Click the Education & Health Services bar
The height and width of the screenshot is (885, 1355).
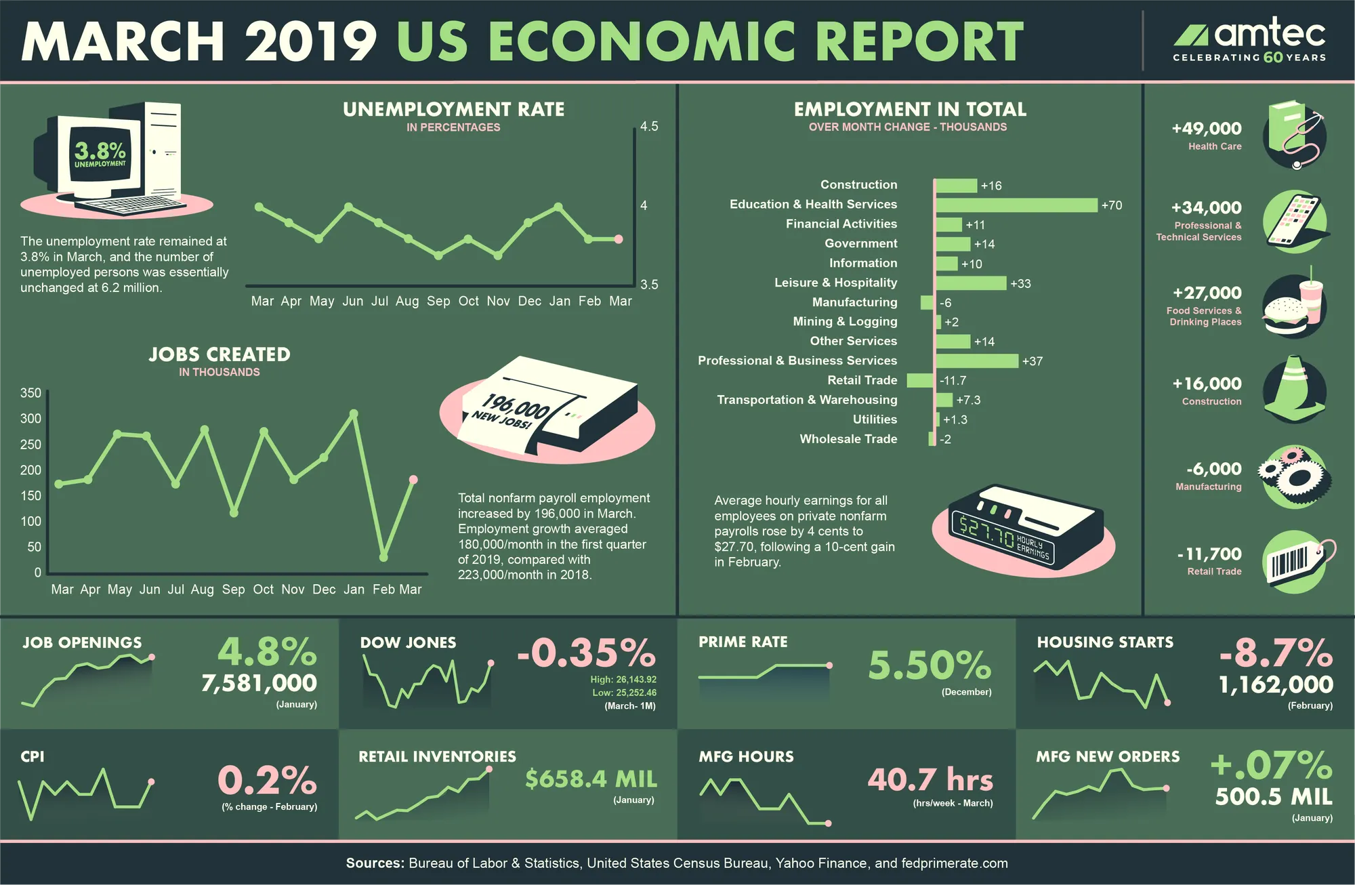pyautogui.click(x=1016, y=205)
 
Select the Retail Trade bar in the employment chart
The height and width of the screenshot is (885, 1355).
pyautogui.click(x=921, y=380)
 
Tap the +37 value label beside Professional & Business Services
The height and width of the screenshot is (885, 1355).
pyautogui.click(x=1033, y=361)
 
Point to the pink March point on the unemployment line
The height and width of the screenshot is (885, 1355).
pyautogui.click(x=618, y=239)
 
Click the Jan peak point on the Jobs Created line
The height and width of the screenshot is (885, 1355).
pyautogui.click(x=353, y=413)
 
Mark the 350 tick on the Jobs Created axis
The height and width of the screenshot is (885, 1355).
pyautogui.click(x=30, y=393)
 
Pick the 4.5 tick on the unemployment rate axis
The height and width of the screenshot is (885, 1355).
pyautogui.click(x=649, y=127)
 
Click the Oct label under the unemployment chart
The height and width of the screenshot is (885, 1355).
pyautogui.click(x=468, y=301)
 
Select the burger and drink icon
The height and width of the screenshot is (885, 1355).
pyautogui.click(x=1294, y=305)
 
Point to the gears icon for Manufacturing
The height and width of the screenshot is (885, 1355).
pyautogui.click(x=1291, y=477)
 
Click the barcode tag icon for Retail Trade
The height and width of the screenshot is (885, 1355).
pyautogui.click(x=1297, y=562)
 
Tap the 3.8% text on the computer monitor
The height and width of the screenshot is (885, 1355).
pyautogui.click(x=100, y=150)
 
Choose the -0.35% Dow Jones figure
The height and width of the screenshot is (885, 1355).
pyautogui.click(x=586, y=653)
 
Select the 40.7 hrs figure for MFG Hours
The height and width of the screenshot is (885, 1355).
pyautogui.click(x=930, y=779)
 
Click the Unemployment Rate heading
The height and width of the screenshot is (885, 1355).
pyautogui.click(x=453, y=109)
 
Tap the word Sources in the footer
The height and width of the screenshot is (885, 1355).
pyautogui.click(x=375, y=863)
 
